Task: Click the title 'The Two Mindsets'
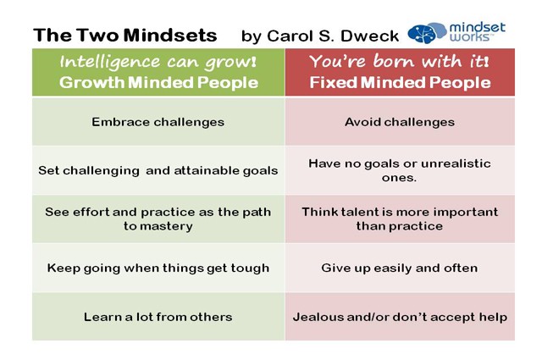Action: [x=125, y=35]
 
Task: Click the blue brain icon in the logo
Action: [x=425, y=33]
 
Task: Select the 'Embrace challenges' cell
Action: [x=158, y=121]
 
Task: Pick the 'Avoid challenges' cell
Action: [x=400, y=121]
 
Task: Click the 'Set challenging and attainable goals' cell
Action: [x=158, y=170]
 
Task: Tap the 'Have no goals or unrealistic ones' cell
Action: [x=400, y=169]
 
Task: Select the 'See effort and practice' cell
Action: [x=158, y=219]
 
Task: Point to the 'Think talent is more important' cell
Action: [x=400, y=219]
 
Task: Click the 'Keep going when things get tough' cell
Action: [x=158, y=268]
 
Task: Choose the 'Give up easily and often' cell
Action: [x=400, y=268]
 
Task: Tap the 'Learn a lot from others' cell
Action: [x=158, y=317]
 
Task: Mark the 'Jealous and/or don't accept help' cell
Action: [x=400, y=317]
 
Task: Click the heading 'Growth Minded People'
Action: [x=158, y=83]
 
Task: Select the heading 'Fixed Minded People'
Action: [x=400, y=83]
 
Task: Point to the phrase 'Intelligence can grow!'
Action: [x=158, y=62]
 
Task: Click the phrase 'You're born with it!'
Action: [x=400, y=62]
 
